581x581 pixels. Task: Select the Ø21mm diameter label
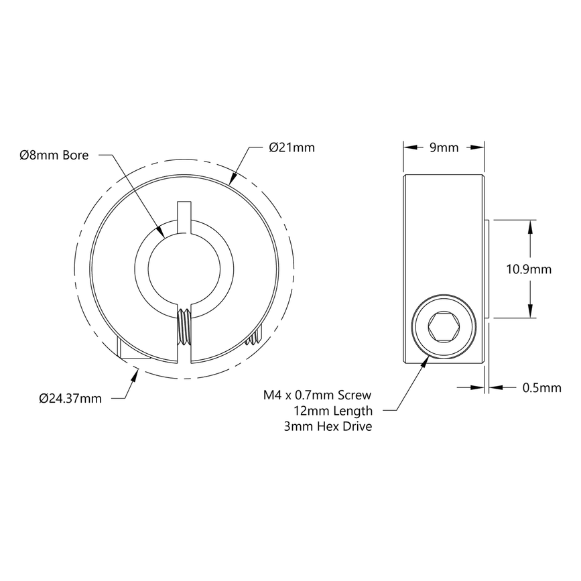click(x=291, y=147)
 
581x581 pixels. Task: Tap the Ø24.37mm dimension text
click(x=70, y=398)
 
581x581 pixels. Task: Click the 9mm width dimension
click(x=443, y=147)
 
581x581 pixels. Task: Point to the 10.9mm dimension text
click(x=529, y=269)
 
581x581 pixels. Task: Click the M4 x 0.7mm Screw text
click(x=318, y=395)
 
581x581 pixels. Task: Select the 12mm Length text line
click(x=332, y=411)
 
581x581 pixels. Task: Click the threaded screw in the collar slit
click(x=184, y=328)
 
